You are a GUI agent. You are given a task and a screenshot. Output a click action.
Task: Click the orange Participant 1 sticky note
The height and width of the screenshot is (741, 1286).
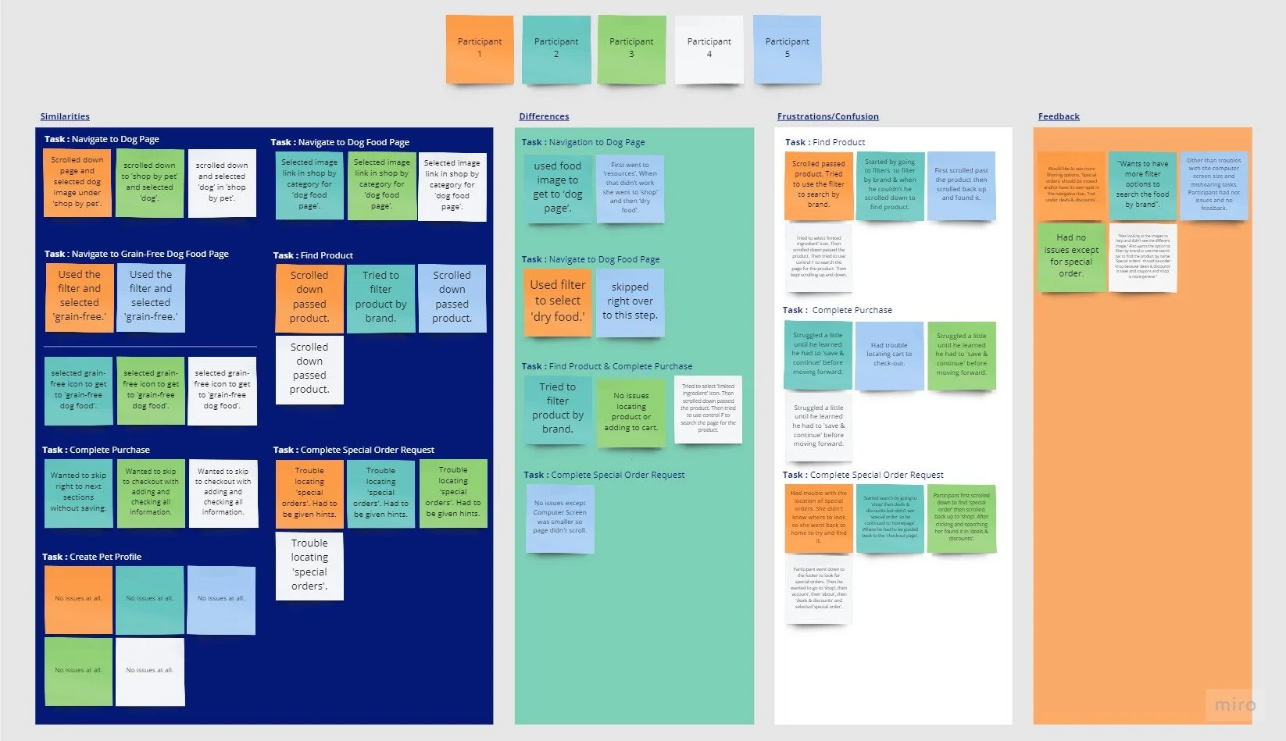(480, 48)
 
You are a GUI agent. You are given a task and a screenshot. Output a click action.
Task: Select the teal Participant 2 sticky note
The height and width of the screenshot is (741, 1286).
(555, 48)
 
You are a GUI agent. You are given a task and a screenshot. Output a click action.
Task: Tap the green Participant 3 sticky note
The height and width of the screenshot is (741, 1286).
(631, 48)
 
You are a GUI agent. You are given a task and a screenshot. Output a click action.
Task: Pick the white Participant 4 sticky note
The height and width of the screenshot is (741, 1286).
(709, 48)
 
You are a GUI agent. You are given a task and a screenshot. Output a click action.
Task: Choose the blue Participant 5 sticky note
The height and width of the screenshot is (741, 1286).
(787, 48)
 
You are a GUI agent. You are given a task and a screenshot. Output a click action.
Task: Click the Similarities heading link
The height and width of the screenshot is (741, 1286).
(65, 116)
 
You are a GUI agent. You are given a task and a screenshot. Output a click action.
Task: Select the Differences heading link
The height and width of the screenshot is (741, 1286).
(544, 116)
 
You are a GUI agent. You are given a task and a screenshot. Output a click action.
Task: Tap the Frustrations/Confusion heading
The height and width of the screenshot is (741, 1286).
(827, 116)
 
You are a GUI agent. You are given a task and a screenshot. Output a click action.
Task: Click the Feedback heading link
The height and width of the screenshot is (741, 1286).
(1059, 116)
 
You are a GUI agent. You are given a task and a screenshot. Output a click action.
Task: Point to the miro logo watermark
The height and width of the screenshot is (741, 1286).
(1234, 704)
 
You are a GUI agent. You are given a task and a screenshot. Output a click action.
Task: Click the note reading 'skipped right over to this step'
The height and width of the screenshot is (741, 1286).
(630, 302)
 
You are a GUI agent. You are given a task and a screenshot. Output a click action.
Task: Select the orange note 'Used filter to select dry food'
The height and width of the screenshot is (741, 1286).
(557, 301)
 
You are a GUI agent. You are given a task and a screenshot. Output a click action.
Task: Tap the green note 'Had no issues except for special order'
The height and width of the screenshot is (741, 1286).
(1071, 256)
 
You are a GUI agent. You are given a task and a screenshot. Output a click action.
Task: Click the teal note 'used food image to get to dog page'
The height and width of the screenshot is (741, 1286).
(557, 188)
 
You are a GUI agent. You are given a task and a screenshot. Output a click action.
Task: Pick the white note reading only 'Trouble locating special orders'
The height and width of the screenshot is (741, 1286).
(309, 565)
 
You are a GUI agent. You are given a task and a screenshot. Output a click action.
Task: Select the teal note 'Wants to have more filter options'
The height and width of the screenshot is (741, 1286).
(1142, 185)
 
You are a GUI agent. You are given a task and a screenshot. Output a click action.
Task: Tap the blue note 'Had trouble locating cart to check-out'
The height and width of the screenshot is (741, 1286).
(888, 354)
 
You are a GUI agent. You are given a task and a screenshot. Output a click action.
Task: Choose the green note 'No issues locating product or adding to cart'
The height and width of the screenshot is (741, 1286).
(630, 412)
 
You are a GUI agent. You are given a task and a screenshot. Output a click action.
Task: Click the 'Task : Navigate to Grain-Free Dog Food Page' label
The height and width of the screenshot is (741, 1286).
(136, 254)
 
